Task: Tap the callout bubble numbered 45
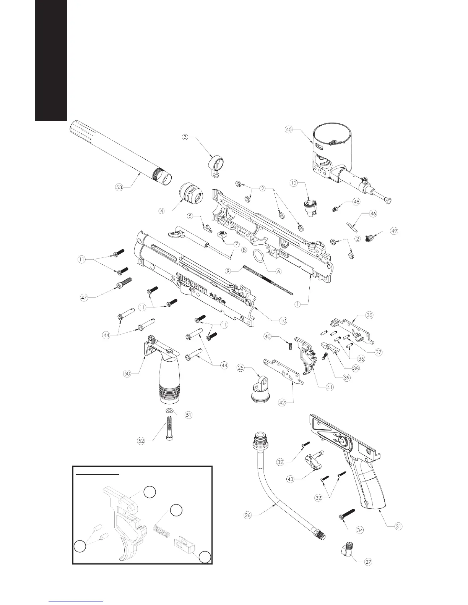(x=289, y=129)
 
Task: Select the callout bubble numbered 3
(x=185, y=137)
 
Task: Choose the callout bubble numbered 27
(x=367, y=562)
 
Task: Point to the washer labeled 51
(x=169, y=411)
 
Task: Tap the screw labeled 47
(x=124, y=284)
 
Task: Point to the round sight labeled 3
(x=215, y=166)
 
